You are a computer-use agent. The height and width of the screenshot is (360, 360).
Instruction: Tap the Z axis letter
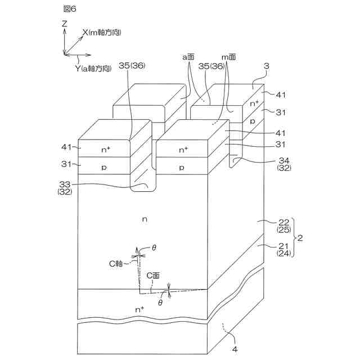[65, 24]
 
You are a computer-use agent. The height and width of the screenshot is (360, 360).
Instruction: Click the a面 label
[188, 57]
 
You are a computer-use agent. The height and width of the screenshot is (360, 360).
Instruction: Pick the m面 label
[227, 57]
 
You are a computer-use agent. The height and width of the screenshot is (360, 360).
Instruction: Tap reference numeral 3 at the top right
[267, 66]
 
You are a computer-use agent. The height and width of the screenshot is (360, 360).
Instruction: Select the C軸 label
[116, 262]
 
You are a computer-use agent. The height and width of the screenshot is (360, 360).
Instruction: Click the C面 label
[153, 275]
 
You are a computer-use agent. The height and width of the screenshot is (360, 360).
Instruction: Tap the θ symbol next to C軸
[155, 247]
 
